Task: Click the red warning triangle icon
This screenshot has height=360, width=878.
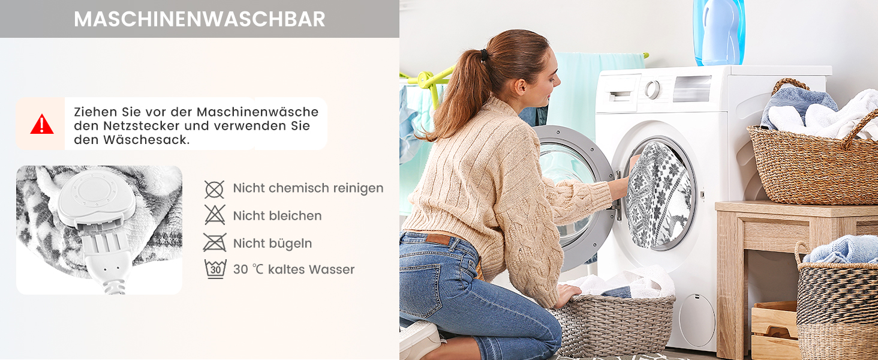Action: (41, 125)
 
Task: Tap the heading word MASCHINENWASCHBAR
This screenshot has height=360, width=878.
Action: (200, 19)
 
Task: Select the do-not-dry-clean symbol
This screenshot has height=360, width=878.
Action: (215, 190)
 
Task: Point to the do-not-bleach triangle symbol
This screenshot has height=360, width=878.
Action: (215, 215)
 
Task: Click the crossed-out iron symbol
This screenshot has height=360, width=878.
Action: (215, 242)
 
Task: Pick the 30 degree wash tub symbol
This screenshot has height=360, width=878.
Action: (215, 269)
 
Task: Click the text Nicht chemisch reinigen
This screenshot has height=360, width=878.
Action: (308, 188)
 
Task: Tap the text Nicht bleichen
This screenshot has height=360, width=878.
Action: (277, 215)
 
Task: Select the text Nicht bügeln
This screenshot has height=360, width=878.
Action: (272, 244)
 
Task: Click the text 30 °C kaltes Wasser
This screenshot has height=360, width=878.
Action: (294, 269)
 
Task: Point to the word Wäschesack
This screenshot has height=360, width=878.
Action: (146, 140)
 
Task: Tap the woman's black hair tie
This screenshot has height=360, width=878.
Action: (484, 55)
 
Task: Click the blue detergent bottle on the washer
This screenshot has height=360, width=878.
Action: (719, 32)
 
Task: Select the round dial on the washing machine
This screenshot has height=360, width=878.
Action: (653, 90)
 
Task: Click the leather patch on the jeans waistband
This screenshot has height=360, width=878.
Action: (438, 239)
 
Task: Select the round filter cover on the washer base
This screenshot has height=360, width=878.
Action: (697, 320)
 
